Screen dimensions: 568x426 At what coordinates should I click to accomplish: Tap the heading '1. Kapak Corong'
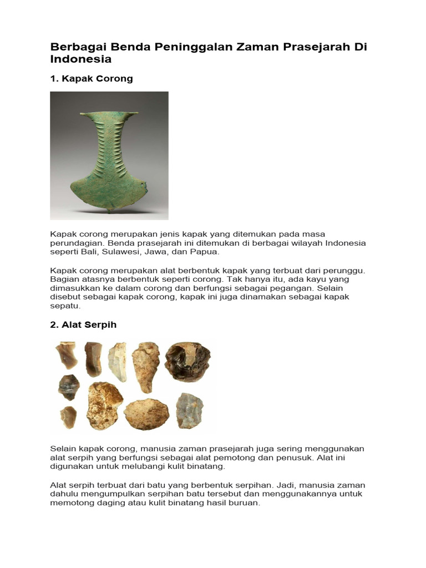pyautogui.click(x=92, y=79)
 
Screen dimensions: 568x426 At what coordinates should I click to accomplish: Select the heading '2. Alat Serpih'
pyautogui.click(x=83, y=325)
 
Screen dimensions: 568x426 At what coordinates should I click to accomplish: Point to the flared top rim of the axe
pyautogui.click(x=109, y=115)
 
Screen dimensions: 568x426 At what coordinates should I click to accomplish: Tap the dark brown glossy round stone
pyautogui.click(x=187, y=362)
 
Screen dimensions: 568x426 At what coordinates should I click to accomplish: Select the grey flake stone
pyautogui.click(x=189, y=411)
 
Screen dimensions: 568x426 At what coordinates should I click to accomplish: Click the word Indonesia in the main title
pyautogui.click(x=81, y=59)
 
